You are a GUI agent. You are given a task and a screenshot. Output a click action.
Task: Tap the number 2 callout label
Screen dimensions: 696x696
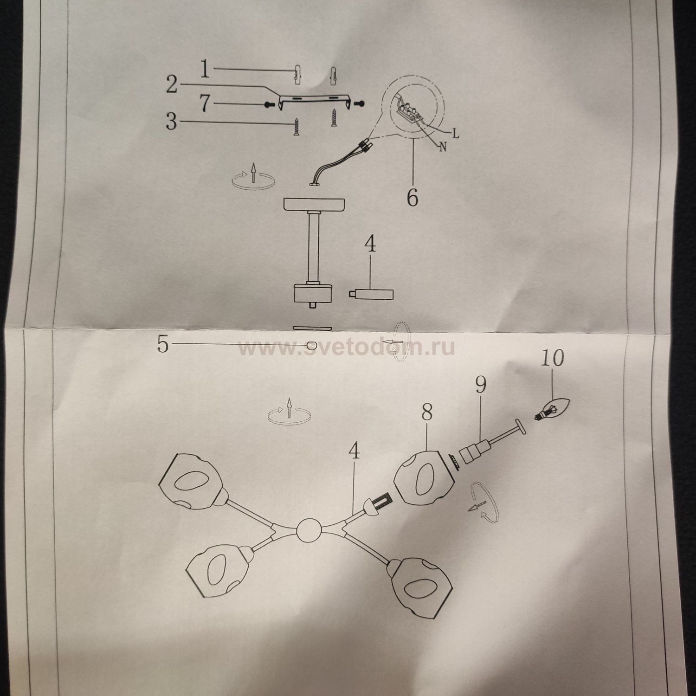(x=172, y=85)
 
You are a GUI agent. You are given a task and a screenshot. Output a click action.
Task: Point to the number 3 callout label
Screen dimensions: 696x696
(x=172, y=122)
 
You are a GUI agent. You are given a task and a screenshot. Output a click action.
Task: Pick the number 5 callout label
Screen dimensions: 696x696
(x=162, y=344)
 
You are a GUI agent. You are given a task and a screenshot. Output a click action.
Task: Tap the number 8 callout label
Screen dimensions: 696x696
(x=427, y=412)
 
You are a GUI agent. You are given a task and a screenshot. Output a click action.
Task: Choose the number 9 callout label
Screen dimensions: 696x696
(x=480, y=385)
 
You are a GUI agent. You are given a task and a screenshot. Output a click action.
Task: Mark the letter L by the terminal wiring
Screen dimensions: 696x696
(x=456, y=134)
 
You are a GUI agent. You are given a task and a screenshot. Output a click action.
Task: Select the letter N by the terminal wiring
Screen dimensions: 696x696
(x=442, y=148)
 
